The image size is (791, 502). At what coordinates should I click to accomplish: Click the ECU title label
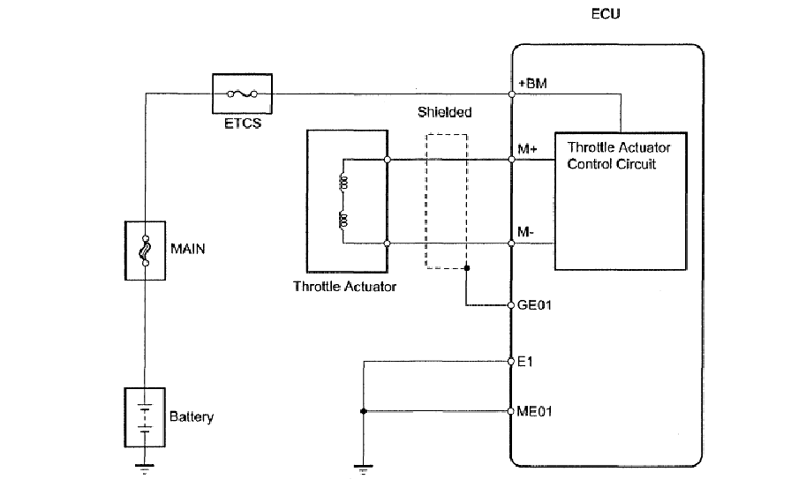606,13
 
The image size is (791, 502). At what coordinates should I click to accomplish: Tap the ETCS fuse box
242,94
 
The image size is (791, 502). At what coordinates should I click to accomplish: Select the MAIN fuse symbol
146,251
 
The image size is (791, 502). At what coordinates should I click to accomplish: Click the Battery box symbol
145,417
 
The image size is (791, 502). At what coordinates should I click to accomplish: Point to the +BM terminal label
532,83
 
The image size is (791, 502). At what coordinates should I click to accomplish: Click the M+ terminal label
528,149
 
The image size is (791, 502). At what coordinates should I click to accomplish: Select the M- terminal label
525,232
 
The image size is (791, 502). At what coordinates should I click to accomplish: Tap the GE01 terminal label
534,305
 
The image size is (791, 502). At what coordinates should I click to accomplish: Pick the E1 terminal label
525,362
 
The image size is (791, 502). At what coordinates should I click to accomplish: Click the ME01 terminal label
534,411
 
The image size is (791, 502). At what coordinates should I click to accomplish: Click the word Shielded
444,112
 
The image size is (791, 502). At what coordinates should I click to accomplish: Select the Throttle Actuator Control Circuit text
619,155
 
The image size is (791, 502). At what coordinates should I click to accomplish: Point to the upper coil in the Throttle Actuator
343,182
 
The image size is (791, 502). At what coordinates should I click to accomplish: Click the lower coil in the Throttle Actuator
343,221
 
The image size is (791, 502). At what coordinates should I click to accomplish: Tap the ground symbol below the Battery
145,468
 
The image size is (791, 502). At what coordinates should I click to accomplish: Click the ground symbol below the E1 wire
363,469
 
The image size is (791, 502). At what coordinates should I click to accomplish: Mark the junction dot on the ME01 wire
363,411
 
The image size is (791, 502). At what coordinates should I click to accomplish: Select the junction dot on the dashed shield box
467,268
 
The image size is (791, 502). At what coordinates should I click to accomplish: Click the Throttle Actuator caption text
344,286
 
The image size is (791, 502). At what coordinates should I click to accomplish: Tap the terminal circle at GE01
511,305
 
